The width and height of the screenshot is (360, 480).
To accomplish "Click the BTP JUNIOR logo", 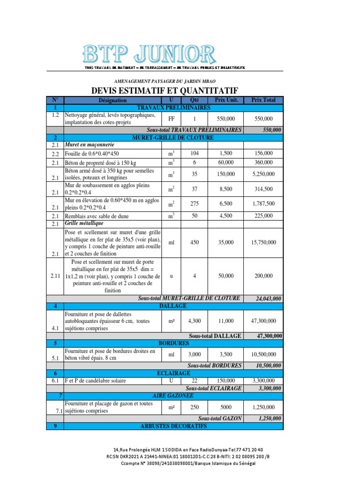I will pos(150,55).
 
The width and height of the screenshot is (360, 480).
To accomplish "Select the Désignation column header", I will pos(112,100).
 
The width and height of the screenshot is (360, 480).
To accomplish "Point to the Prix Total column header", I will pos(264,100).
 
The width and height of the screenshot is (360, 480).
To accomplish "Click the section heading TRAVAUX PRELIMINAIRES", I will pos(173,107).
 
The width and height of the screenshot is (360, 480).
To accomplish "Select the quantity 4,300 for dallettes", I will pos(194,321).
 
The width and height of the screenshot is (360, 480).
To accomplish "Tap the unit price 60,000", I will pos(227,162).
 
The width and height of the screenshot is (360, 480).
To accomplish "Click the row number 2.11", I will pos(55,276).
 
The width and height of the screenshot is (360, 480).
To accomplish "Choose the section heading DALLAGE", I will pos(173,306).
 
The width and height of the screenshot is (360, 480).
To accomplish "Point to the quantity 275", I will pos(194,203).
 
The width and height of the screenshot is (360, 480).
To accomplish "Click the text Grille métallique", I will pos(84,224).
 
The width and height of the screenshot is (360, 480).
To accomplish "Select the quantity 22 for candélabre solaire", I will pos(194,381).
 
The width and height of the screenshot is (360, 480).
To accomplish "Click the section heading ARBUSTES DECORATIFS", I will pos(173,426).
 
